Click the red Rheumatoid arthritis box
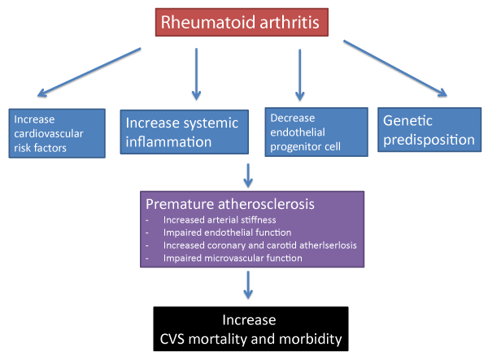pos(242,23)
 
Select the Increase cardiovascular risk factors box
pos(57,133)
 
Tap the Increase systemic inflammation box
pos(185,132)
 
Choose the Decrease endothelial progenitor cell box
pos(316,132)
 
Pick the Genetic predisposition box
pos(429,130)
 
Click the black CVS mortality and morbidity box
pos(251,329)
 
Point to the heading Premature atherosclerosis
pos(230,204)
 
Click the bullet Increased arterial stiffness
pos(220,220)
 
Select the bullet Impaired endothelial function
pos(227,232)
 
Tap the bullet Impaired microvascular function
pos(233,258)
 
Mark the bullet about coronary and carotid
pos(260,245)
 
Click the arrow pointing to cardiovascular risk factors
pos(89,72)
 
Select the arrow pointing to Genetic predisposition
pos(395,68)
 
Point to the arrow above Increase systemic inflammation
pos(196,74)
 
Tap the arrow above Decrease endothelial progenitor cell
pos(299,75)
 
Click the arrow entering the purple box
pos(248,176)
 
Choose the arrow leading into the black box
pos(248,285)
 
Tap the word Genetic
pos(407,120)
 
